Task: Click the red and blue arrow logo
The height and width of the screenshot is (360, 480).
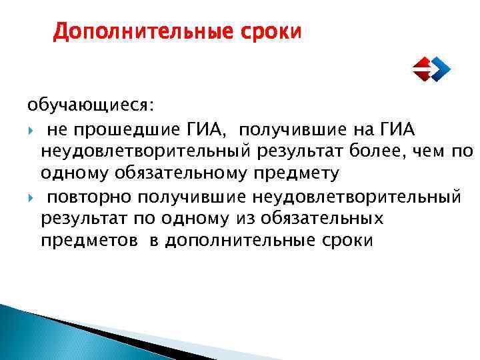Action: coord(431,68)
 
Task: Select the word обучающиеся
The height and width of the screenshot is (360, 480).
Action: coord(89,106)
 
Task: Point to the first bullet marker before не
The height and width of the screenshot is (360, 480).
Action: coord(31,129)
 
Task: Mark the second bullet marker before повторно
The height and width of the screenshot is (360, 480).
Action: coord(31,197)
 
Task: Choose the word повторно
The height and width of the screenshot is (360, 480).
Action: coord(90,197)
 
